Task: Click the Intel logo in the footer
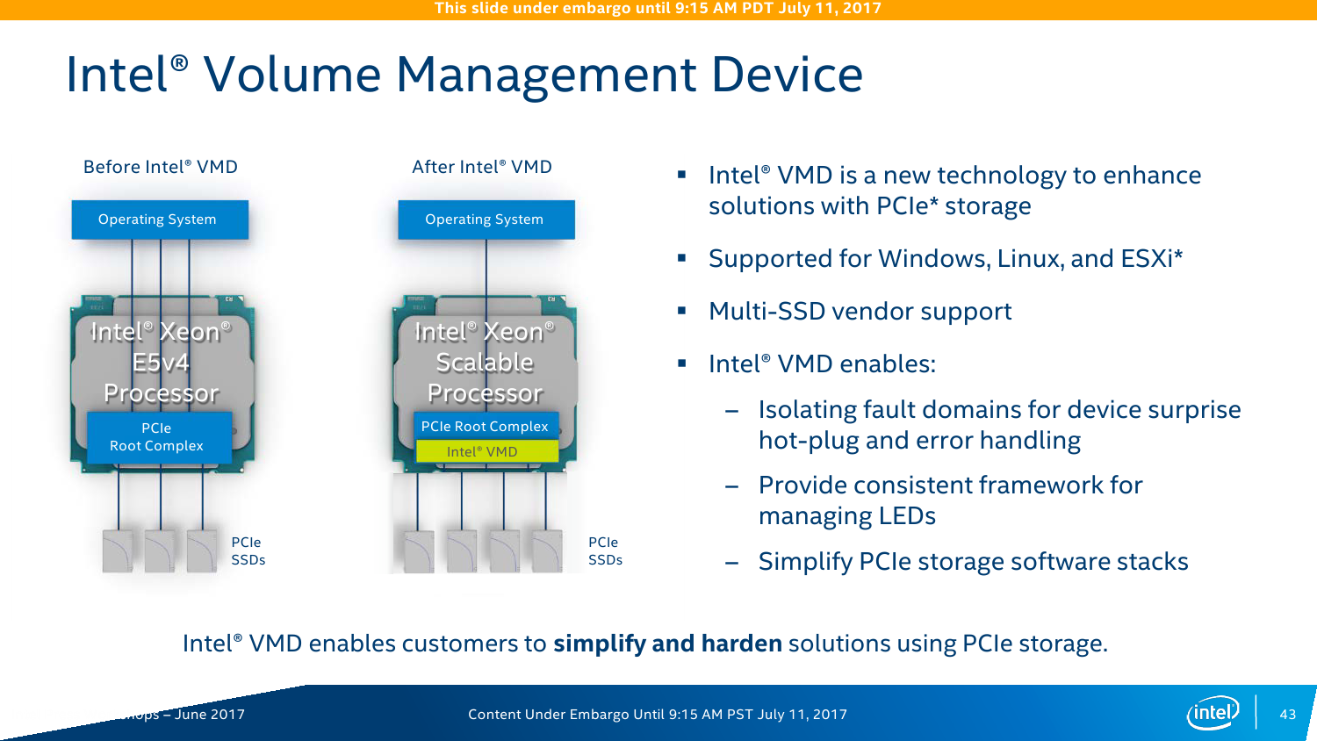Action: (1213, 712)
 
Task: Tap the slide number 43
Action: (1287, 714)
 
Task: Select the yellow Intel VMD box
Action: (486, 451)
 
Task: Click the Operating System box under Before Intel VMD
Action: (159, 219)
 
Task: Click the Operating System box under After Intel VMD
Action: (486, 219)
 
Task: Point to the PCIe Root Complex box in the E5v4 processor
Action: (158, 437)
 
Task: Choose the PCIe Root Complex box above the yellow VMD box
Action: (486, 426)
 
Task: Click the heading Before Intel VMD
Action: (161, 167)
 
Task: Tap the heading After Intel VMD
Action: (482, 167)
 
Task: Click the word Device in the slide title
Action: (787, 75)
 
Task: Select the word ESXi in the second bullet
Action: (1149, 259)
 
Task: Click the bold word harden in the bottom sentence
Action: (741, 644)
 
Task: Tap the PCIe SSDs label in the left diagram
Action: (248, 551)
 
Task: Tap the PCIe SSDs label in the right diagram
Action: (605, 551)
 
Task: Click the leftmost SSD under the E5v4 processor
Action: (118, 551)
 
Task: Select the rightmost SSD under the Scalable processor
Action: (547, 551)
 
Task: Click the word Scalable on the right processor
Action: (485, 363)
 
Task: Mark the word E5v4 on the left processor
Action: (161, 363)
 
